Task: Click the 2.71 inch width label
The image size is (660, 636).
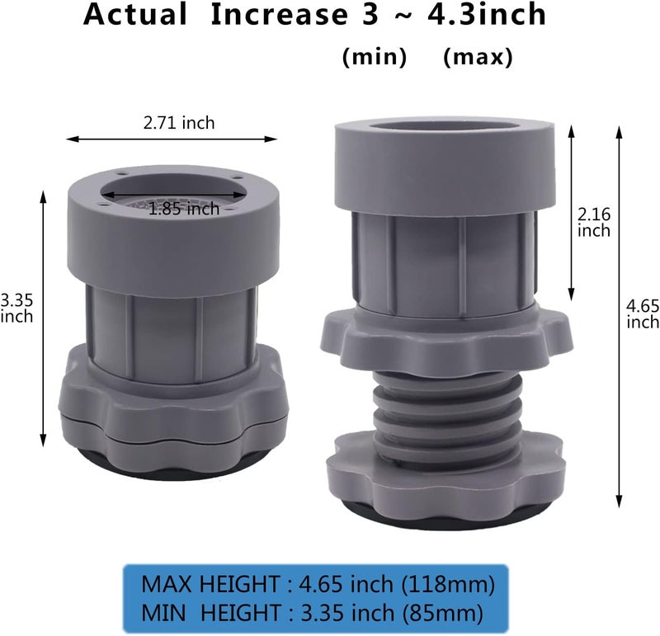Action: tap(179, 123)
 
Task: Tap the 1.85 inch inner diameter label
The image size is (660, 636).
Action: tap(184, 209)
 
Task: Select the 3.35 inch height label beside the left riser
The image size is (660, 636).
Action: tap(16, 309)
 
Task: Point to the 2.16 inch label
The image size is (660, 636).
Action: tap(593, 223)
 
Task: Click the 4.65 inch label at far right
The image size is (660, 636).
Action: tap(643, 314)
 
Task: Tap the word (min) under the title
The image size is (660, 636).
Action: tap(375, 57)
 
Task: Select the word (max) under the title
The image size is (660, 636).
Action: tap(478, 57)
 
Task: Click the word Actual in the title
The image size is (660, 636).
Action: tap(135, 14)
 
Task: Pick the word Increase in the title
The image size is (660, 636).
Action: tap(279, 14)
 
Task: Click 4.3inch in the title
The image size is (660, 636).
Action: tap(487, 14)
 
